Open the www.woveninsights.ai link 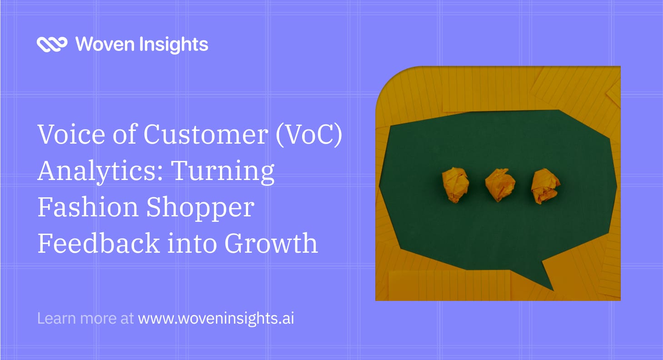[216, 318]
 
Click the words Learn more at [85, 318]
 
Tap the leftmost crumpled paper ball [455, 185]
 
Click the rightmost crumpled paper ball [545, 185]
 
